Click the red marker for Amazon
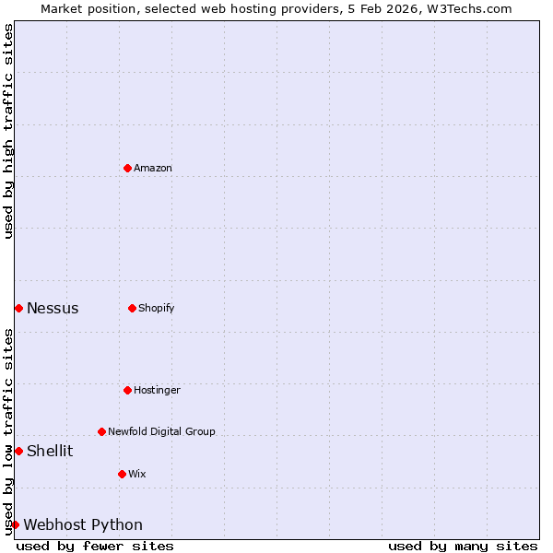point(127,168)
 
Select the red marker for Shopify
point(132,308)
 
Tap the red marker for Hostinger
point(127,390)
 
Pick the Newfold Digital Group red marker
point(101,431)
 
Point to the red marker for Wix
point(122,474)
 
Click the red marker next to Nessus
point(18,308)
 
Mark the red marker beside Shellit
point(18,451)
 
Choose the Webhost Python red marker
point(15,524)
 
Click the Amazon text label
point(153,168)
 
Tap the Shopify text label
point(157,308)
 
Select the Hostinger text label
point(157,390)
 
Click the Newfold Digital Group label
point(161,431)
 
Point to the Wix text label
point(137,474)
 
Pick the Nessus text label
point(53,309)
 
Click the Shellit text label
point(50,452)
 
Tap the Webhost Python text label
point(83,525)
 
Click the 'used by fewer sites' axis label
point(95,546)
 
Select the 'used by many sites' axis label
point(463,546)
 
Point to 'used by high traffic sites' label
point(8,131)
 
